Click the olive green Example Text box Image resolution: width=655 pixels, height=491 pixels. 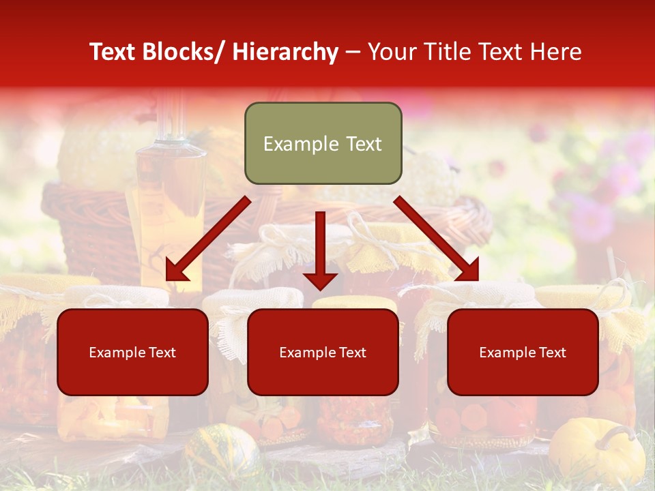[x=323, y=144]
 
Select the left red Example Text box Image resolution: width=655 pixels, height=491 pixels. [x=132, y=352]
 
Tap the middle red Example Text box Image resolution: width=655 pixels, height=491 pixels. [x=323, y=352]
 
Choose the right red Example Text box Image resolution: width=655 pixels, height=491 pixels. [x=523, y=352]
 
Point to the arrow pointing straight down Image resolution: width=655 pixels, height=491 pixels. [x=320, y=252]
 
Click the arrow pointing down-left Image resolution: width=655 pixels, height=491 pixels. [x=205, y=242]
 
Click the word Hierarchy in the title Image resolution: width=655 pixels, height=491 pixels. [x=285, y=53]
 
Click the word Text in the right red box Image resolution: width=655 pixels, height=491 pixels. [x=552, y=352]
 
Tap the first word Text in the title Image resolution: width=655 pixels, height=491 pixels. [x=115, y=53]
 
